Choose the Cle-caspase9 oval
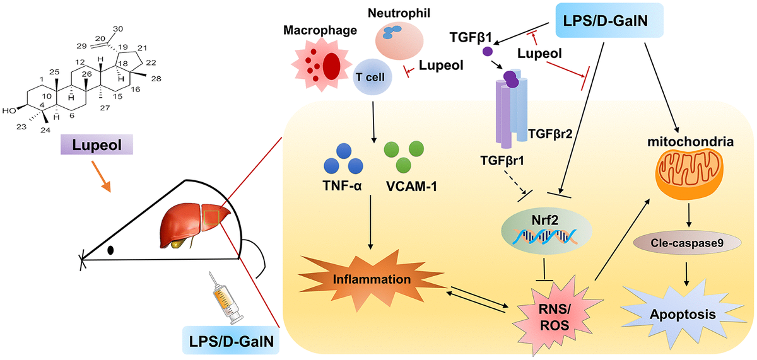[686, 242]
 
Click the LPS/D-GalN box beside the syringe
[231, 341]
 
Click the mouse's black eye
[111, 250]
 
